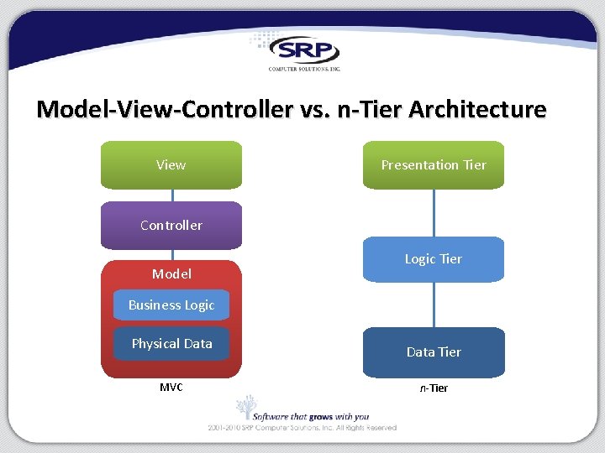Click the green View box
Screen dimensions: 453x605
coord(171,165)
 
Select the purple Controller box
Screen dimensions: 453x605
coord(171,226)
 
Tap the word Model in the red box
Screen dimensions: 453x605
coord(171,273)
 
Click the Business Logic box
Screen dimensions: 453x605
coord(171,305)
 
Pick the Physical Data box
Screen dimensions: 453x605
coord(171,344)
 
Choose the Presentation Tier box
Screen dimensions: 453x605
coord(434,165)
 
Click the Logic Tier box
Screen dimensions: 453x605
coord(434,259)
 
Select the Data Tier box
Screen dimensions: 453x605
coord(434,352)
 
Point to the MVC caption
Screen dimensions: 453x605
coord(171,388)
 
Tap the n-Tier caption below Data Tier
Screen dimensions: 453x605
coord(434,388)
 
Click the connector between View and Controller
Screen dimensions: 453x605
coord(171,195)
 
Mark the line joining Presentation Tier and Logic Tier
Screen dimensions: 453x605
coord(434,213)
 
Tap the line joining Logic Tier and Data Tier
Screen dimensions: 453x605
coord(434,305)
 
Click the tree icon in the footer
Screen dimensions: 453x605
coord(245,409)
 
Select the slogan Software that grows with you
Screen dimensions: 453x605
coord(313,416)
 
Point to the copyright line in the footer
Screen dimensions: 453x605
coord(302,428)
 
